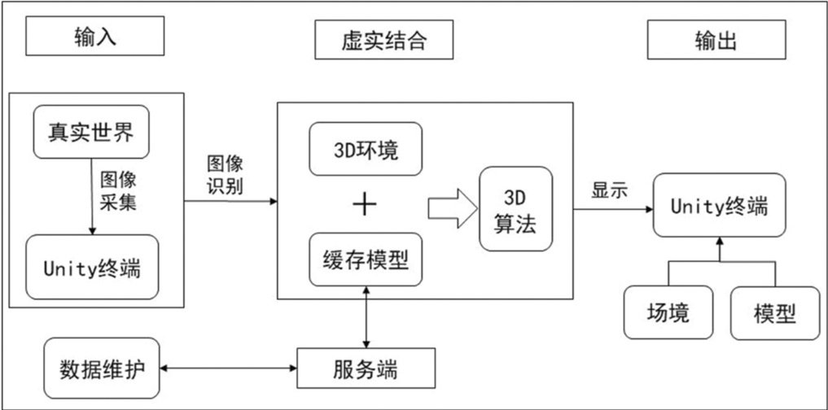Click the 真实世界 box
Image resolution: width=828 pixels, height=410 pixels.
point(91,131)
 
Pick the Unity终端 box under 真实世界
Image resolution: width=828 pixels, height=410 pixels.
point(91,268)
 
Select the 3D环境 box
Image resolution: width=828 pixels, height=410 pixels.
point(366,151)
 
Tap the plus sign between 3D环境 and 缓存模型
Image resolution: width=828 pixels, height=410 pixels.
point(366,205)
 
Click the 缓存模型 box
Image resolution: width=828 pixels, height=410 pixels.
point(366,260)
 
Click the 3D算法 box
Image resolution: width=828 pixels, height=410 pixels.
point(515,210)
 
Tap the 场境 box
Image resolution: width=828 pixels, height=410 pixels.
point(668,313)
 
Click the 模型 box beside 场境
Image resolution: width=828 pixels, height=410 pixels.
point(773,313)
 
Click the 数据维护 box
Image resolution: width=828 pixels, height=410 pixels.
point(103,368)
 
